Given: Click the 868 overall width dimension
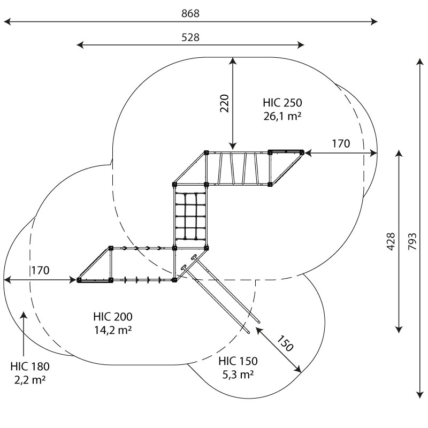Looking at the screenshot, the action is coord(190,13).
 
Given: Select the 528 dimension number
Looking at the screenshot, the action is coord(190,37).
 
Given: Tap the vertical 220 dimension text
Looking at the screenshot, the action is coord(224,103).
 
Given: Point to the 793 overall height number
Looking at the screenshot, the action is coord(412,241).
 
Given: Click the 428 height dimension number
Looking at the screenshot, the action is coord(391,241).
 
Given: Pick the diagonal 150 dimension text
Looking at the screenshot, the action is coord(285,343).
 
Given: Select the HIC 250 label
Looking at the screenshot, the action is coord(282,103).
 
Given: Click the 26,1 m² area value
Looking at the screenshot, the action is coord(282,116).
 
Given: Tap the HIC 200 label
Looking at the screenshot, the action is coord(113,317).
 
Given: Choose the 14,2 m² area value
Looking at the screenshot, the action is coord(113,330).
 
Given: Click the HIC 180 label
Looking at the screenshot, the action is coord(30,366).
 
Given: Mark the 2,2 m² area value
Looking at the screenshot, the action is coord(30,380).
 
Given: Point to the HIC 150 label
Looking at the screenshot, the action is coord(238,361).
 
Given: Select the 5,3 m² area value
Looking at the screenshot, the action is coord(238,374).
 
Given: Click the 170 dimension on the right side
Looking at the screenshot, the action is coord(341,143).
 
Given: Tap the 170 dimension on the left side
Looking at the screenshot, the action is coord(40,270).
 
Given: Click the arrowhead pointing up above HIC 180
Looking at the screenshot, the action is coord(24,315).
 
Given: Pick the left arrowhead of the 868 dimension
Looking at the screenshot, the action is coord(7,21).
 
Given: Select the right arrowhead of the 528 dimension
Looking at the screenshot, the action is coord(301,45).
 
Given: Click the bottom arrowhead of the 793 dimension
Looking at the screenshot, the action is coord(420,395).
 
